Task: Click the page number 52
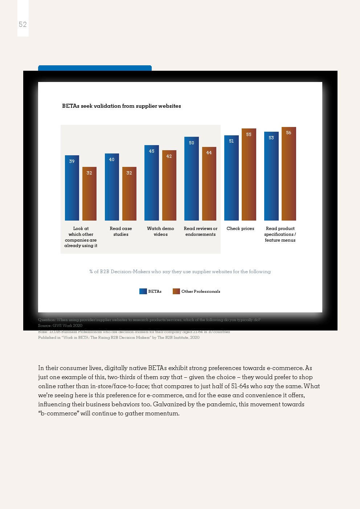(x=22, y=24)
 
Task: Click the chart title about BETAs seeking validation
(x=121, y=106)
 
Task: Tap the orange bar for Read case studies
(x=129, y=194)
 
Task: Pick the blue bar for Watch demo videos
(x=152, y=183)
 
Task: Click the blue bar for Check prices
(x=231, y=178)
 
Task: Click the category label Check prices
(x=240, y=229)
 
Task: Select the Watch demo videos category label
(x=160, y=231)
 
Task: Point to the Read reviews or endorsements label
(x=200, y=231)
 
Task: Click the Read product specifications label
(x=280, y=234)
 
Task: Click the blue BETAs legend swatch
(x=143, y=291)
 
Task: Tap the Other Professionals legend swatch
(x=176, y=291)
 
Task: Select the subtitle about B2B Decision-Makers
(x=180, y=271)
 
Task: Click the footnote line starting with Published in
(x=119, y=337)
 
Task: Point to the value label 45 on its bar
(x=152, y=151)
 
